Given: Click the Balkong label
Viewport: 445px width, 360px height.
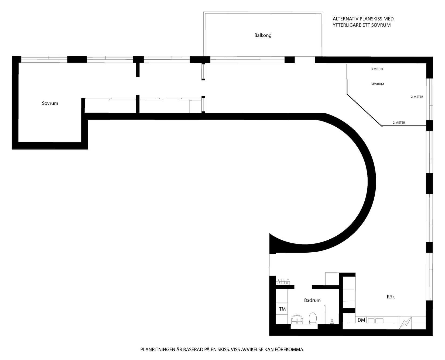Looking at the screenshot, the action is tap(263, 35).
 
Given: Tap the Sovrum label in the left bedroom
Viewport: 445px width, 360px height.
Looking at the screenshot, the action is tap(50, 103).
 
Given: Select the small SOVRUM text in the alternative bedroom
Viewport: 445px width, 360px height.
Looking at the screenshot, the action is tap(377, 84).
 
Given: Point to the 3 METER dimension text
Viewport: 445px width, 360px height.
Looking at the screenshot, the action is tap(377, 69).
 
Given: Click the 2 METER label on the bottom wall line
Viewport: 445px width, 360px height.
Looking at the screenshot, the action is tap(399, 123).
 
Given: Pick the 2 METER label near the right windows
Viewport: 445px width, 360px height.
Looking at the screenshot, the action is tap(417, 97).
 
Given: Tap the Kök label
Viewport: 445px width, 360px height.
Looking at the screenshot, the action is tap(391, 297).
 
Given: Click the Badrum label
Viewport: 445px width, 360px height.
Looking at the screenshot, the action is tap(312, 300).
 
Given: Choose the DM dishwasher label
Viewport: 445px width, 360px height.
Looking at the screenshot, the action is tap(361, 320).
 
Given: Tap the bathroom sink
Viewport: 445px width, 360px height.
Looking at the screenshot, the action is tap(297, 319).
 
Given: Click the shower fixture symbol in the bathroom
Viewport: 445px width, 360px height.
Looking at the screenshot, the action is tap(333, 321).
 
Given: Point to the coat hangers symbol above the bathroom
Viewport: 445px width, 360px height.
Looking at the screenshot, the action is tap(282, 281).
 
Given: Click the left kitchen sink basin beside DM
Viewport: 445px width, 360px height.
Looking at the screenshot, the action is tap(372, 321).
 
